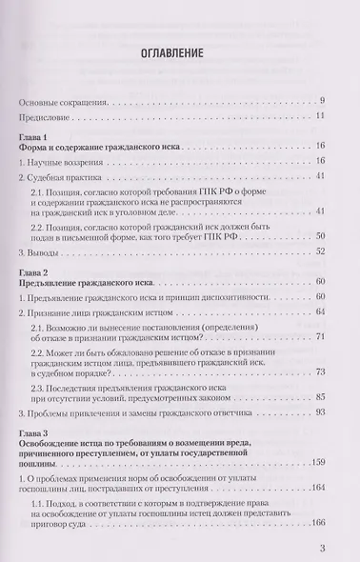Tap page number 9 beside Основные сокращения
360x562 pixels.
(323, 100)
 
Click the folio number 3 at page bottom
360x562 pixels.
(323, 548)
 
